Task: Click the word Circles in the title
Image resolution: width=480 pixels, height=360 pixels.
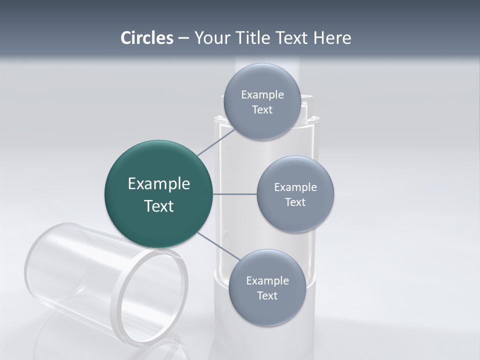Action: coord(146,38)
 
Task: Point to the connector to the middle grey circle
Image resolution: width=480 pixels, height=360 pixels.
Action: coord(234,194)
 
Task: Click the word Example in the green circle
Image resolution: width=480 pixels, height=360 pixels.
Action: coord(158,184)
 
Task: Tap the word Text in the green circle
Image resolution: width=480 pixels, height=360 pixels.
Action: coord(158,206)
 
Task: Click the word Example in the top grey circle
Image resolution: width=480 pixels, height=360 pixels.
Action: coord(262,95)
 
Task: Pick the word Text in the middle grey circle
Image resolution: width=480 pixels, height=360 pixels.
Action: coord(295,202)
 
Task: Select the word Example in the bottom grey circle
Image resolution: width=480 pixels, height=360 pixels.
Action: coord(267,280)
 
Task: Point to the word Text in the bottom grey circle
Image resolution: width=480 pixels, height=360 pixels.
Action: coord(267,296)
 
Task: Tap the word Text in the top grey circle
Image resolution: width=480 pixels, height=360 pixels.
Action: coord(262,110)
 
